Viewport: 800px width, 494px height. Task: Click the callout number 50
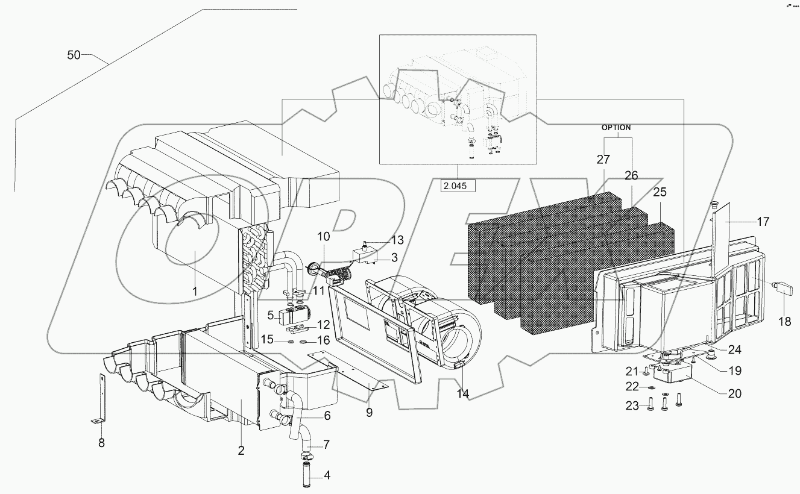74,55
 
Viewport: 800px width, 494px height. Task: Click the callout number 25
660,193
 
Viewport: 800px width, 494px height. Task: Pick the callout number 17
763,222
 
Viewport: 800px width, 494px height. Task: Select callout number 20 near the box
734,393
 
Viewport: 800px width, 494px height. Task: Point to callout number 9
369,413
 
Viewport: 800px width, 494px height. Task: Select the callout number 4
327,475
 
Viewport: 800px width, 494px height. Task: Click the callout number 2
241,450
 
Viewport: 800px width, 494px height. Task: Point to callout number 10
324,237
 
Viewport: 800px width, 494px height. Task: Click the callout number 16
323,340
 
